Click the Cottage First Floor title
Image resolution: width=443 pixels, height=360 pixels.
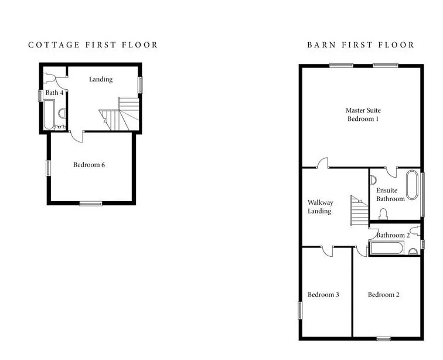coord(93,45)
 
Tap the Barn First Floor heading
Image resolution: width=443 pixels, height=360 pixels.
coord(361,45)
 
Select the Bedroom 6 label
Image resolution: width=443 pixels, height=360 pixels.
coord(89,165)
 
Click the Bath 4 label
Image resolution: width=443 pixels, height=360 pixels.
coord(54,93)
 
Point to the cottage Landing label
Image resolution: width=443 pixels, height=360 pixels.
coord(101,80)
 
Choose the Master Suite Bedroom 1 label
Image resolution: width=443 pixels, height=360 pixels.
coord(363,114)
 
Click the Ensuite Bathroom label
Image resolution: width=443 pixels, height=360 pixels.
coord(390,195)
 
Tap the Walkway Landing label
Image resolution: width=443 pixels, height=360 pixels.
coord(320,207)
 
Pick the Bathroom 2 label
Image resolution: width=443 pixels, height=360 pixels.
coord(393,235)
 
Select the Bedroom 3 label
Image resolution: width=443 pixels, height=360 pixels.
coord(323,295)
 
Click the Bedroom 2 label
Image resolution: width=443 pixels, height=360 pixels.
coord(383,295)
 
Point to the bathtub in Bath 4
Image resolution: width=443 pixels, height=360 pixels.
coord(49,114)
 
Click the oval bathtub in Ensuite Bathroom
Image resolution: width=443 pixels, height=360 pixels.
coord(411,185)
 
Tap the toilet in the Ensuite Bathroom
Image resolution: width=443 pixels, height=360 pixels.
coord(383,214)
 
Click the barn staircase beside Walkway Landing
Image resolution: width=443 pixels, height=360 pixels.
coord(360,210)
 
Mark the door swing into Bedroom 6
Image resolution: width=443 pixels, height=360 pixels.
coord(77,137)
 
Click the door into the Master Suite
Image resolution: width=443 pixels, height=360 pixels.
coord(323,163)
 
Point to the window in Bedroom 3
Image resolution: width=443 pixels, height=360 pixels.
coord(300,311)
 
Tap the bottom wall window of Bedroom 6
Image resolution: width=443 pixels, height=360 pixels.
coord(91,203)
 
